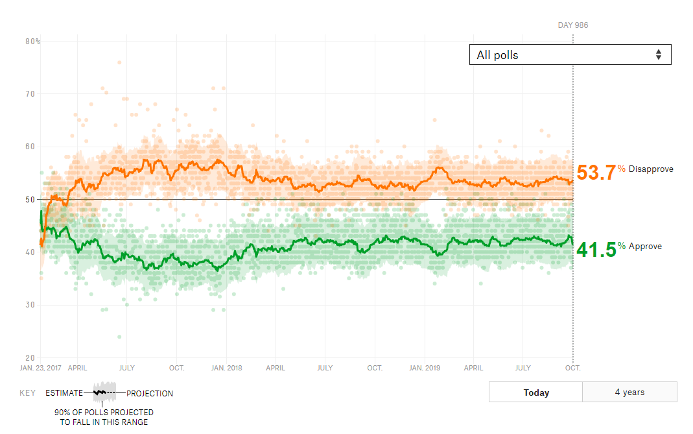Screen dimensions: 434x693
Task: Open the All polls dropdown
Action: tap(570, 54)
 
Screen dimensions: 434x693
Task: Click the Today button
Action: tap(535, 392)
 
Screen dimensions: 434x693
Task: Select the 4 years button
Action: tap(629, 392)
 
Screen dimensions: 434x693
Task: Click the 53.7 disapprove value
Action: tap(596, 173)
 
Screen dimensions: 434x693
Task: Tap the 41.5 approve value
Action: tap(596, 249)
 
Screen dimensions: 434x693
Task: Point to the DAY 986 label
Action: tap(573, 25)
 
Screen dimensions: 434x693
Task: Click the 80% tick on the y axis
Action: tap(32, 41)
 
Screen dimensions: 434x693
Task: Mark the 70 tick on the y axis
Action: tap(30, 94)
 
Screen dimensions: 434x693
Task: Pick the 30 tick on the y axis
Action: tap(30, 305)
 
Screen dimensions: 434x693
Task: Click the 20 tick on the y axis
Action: tap(30, 357)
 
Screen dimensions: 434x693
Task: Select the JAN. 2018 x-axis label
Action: tap(227, 368)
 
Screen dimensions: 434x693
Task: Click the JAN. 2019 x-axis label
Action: tap(424, 368)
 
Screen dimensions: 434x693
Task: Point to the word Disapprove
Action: tap(651, 169)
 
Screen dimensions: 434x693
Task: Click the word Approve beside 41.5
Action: tap(645, 247)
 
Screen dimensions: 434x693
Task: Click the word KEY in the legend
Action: tap(27, 393)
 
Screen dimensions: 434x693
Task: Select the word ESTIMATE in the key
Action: tap(64, 393)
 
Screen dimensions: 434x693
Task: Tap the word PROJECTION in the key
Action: tap(150, 393)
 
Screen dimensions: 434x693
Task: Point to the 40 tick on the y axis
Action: tap(30, 252)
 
